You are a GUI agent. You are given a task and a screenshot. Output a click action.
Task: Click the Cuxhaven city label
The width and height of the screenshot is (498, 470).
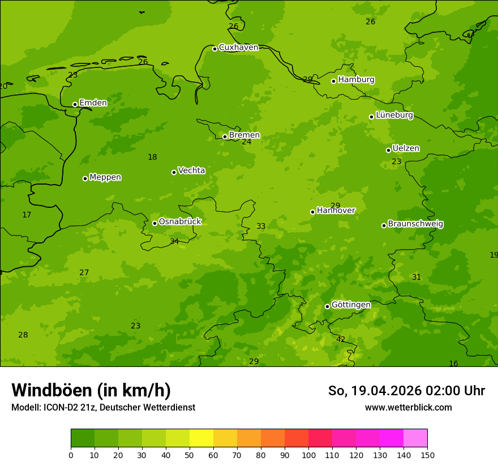[x=238, y=48]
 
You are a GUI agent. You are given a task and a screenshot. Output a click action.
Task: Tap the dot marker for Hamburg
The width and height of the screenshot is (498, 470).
[x=334, y=81]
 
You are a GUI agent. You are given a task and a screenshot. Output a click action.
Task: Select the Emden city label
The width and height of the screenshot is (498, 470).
[x=93, y=103]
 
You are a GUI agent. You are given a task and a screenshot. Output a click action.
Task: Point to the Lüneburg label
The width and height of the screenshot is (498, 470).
[x=394, y=116]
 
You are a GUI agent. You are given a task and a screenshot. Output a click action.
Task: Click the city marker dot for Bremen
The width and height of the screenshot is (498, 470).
[x=225, y=136]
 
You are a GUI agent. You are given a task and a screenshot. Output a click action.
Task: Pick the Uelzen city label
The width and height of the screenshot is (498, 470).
[x=406, y=149]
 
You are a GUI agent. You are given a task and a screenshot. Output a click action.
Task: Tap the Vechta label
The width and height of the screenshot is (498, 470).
[x=191, y=170]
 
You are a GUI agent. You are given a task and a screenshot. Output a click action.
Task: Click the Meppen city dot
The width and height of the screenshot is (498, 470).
[x=85, y=178]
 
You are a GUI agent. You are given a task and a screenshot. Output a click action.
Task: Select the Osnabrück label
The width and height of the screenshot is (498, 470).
[x=180, y=222]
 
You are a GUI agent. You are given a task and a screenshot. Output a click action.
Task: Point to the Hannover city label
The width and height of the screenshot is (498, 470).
[x=336, y=211]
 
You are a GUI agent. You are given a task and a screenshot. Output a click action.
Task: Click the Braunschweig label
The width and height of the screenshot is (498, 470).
[x=415, y=224]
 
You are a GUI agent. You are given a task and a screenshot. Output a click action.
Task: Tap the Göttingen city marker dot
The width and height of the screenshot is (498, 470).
[x=327, y=306]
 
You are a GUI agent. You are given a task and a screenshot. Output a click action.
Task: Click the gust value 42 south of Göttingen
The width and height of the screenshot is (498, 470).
[x=341, y=340]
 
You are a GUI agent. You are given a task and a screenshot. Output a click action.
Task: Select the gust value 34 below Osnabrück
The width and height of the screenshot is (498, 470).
[x=174, y=242]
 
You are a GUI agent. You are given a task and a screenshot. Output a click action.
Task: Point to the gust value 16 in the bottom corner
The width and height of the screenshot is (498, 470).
[x=453, y=364]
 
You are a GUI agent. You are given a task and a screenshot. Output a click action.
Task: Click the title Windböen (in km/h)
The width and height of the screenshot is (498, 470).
[x=91, y=390]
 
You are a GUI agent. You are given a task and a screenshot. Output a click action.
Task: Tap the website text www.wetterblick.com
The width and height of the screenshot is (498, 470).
[x=408, y=408]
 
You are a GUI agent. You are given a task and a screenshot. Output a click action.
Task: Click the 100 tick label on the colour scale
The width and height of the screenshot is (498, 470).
[x=308, y=455]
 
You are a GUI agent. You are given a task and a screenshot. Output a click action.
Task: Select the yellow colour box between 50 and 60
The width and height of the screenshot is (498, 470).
[x=201, y=438]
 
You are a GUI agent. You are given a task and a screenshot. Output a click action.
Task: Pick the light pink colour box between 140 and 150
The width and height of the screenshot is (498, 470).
[x=415, y=438]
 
